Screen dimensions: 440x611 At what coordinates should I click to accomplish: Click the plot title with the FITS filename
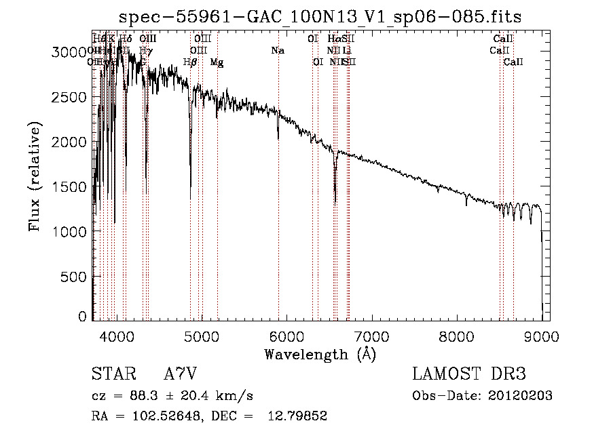(320, 17)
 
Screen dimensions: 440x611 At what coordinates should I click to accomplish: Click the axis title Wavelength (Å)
(320, 354)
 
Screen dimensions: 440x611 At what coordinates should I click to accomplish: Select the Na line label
(277, 51)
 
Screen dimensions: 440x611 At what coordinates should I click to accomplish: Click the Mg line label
(217, 62)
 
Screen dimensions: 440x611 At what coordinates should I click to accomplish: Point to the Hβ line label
(190, 62)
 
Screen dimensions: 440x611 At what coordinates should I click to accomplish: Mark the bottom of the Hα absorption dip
(335, 201)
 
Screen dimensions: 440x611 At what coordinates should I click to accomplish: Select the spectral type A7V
(179, 374)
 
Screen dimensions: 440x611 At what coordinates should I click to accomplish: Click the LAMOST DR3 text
(468, 374)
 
